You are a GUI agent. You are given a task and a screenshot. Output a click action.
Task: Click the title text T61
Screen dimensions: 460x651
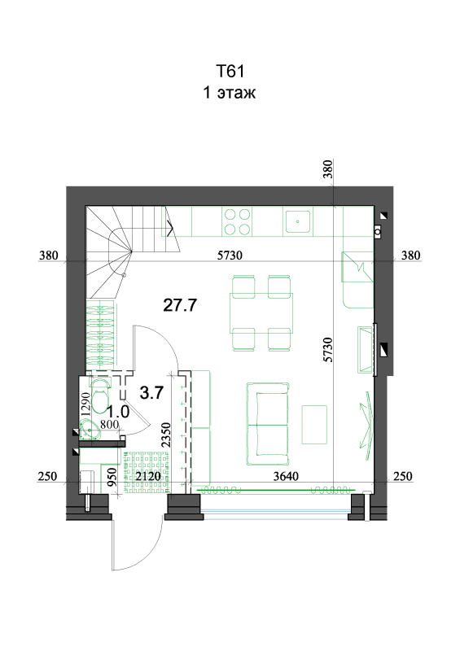coord(230,71)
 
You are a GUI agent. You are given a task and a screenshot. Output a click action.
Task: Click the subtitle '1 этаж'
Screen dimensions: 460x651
coord(229,92)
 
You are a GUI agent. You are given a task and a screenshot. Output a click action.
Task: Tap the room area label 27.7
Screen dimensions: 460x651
coord(180,305)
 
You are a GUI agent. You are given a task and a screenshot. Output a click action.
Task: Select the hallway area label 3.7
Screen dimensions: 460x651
coord(151,392)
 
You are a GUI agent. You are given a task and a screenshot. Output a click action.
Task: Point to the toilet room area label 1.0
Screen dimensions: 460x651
coord(118,412)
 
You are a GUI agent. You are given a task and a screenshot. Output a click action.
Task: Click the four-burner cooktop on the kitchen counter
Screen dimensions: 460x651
coord(238,221)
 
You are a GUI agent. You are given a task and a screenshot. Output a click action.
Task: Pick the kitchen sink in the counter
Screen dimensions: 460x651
coord(298,221)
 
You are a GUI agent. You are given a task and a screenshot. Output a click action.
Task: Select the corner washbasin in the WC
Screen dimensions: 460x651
coord(90,429)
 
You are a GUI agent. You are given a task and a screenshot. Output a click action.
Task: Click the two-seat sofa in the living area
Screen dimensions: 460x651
coord(268,424)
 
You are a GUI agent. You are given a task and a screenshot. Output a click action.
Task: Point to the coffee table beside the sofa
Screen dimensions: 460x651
coord(314,425)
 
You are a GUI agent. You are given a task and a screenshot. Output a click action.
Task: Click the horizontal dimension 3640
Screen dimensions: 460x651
coord(286,476)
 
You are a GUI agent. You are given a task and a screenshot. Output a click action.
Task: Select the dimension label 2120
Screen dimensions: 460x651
coord(148,476)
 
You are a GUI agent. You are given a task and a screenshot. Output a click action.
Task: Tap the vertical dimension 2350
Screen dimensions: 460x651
coord(166,435)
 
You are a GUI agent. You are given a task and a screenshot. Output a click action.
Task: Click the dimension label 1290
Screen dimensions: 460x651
coord(85,404)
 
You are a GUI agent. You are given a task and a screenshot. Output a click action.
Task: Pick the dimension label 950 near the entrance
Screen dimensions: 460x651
coord(112,477)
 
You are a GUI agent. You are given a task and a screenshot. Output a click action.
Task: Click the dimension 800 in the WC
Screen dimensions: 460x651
coord(109,424)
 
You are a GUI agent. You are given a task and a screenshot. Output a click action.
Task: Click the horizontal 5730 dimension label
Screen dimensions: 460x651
coord(230,256)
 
